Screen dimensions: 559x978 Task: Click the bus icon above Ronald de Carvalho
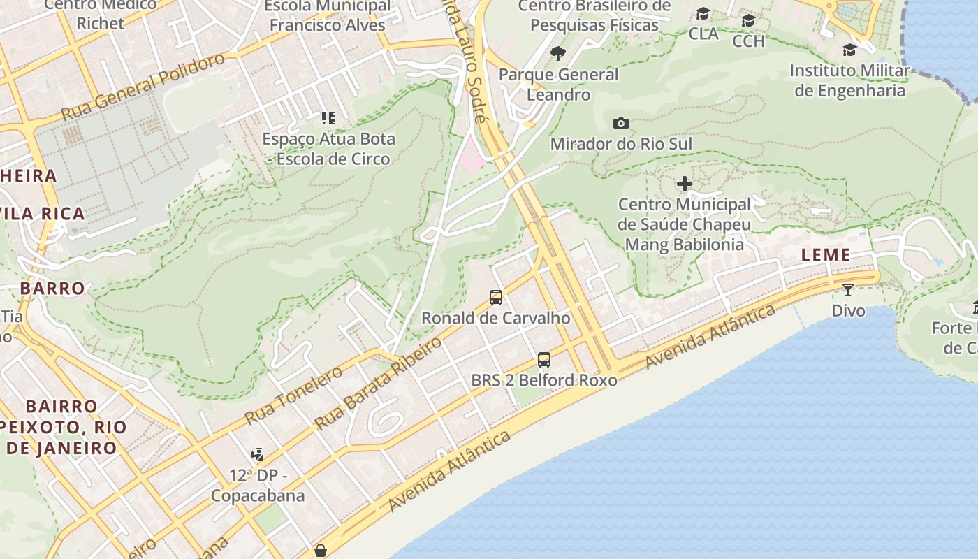496,298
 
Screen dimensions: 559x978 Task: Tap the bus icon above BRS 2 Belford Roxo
544,360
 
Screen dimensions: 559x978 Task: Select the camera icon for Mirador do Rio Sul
620,124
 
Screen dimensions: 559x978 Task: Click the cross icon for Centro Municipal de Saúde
685,184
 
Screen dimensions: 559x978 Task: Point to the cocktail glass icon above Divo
848,290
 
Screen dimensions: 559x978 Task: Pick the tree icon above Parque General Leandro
557,53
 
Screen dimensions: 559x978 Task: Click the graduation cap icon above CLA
703,14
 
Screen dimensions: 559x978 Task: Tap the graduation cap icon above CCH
748,20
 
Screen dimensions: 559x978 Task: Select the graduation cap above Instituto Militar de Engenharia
849,50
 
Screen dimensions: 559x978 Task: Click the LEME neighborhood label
826,255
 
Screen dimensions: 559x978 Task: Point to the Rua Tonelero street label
293,395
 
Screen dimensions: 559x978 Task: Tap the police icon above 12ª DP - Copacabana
258,455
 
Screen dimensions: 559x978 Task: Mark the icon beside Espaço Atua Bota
328,118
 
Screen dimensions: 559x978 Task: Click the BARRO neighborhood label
52,288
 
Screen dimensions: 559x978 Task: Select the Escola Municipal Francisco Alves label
328,15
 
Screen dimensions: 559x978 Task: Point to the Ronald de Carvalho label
496,318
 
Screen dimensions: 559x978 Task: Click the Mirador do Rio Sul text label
621,144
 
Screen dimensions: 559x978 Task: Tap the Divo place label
848,310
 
